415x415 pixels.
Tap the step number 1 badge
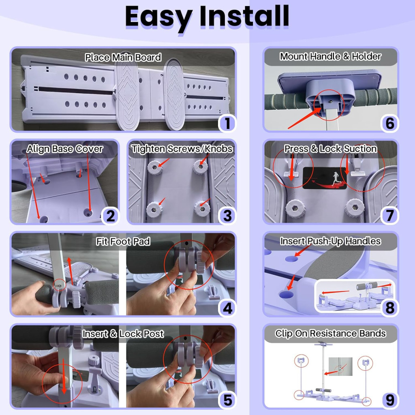point(227,123)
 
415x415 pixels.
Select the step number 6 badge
point(389,123)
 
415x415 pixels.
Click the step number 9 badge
point(389,400)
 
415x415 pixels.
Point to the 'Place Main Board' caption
point(123,57)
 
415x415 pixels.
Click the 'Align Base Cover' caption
point(65,149)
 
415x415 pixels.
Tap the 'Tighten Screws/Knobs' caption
point(182,149)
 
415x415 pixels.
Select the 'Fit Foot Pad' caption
point(123,242)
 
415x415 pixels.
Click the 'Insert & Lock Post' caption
point(123,334)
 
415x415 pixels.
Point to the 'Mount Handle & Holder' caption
point(331,56)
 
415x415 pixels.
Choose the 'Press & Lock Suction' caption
point(331,149)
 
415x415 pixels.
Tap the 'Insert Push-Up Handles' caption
point(331,241)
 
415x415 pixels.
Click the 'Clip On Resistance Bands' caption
point(331,334)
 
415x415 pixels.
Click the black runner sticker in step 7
point(325,178)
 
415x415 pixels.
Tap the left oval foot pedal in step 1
point(127,94)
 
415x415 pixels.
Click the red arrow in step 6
point(304,118)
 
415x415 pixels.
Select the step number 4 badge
point(227,308)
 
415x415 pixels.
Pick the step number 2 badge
point(110,216)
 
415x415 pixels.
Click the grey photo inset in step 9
point(340,366)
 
